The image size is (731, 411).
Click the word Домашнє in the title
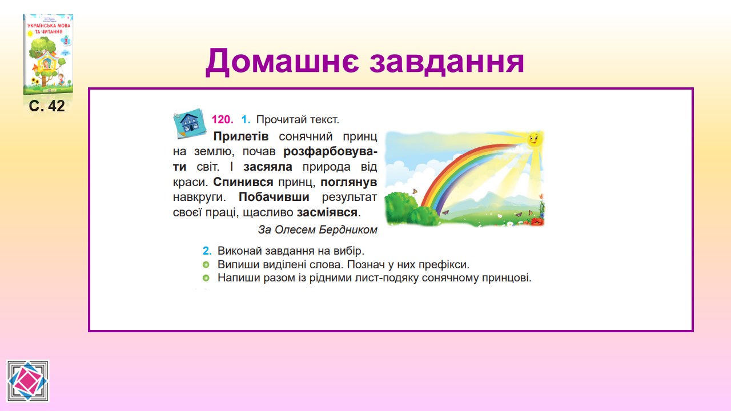point(282,61)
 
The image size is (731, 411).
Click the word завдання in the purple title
point(447,61)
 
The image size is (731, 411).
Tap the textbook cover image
point(48,54)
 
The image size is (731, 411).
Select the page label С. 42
point(47,106)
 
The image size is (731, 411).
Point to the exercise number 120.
point(223,120)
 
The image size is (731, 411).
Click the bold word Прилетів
point(241,136)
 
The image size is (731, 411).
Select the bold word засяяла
point(268,167)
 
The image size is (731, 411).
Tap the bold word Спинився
point(243,182)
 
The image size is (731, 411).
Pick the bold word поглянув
point(348,182)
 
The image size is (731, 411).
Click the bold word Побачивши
point(274,197)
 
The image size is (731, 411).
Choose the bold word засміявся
point(327,212)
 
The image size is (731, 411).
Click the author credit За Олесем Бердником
point(318,229)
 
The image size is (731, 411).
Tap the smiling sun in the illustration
point(534,139)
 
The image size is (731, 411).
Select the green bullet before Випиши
point(206,264)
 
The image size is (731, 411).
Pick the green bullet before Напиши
point(206,278)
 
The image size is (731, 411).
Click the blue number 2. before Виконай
point(207,251)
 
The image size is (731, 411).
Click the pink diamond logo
point(28,381)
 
